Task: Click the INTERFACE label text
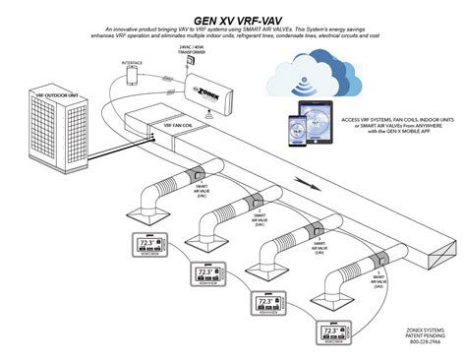pos(133,62)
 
